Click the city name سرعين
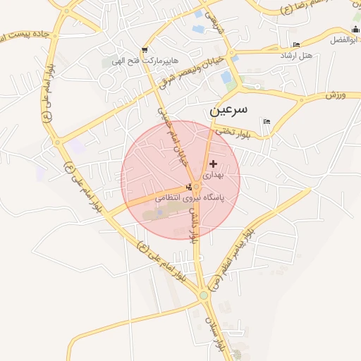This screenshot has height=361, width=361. (x=228, y=111)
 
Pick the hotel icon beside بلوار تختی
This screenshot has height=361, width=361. (x=266, y=123)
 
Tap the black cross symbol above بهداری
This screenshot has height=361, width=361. (x=213, y=164)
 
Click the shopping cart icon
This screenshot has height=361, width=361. (x=145, y=50)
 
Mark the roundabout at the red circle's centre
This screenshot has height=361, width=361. (x=197, y=187)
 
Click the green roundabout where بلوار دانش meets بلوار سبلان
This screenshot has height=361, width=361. (x=204, y=296)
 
